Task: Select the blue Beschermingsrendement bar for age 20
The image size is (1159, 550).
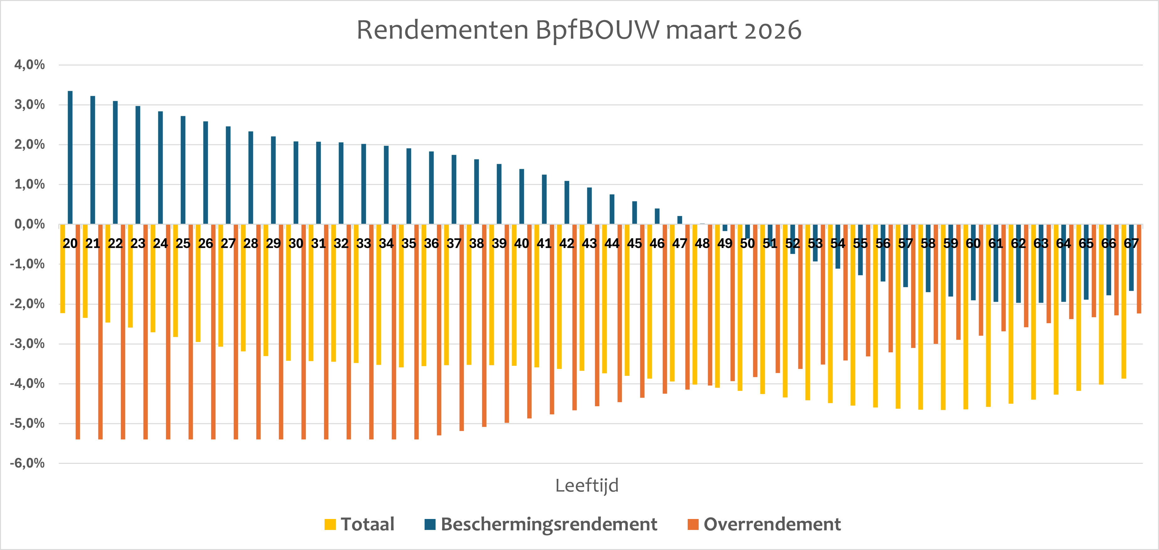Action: tap(70, 157)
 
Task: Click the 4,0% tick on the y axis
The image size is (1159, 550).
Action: tap(30, 65)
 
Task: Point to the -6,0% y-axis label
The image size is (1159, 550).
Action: tap(28, 463)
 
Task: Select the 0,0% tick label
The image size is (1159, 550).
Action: tap(30, 224)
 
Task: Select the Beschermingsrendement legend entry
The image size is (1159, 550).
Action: tap(541, 524)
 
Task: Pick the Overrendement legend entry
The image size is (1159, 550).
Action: tap(764, 524)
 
